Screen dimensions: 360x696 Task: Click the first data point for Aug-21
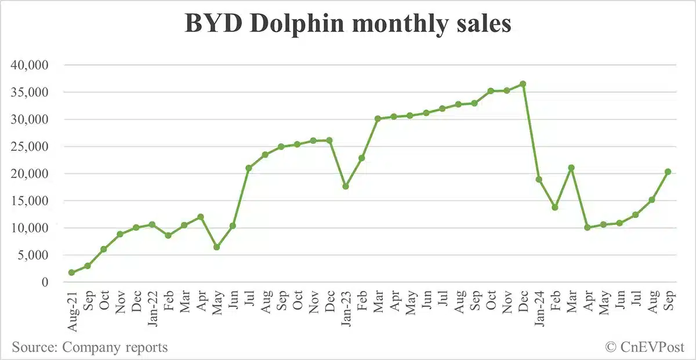pyautogui.click(x=71, y=272)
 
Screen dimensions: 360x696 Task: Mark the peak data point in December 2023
pyautogui.click(x=523, y=84)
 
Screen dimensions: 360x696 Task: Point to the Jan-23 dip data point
pyautogui.click(x=346, y=186)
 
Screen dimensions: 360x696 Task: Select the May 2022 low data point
pyautogui.click(x=216, y=247)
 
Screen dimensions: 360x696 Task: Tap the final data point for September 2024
pyautogui.click(x=668, y=172)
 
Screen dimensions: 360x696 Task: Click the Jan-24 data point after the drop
pyautogui.click(x=539, y=180)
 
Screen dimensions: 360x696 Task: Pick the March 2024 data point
pyautogui.click(x=571, y=168)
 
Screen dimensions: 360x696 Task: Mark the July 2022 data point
pyautogui.click(x=249, y=168)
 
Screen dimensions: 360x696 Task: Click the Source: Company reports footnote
pyautogui.click(x=90, y=347)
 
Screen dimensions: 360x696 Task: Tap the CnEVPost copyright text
pyautogui.click(x=644, y=347)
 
